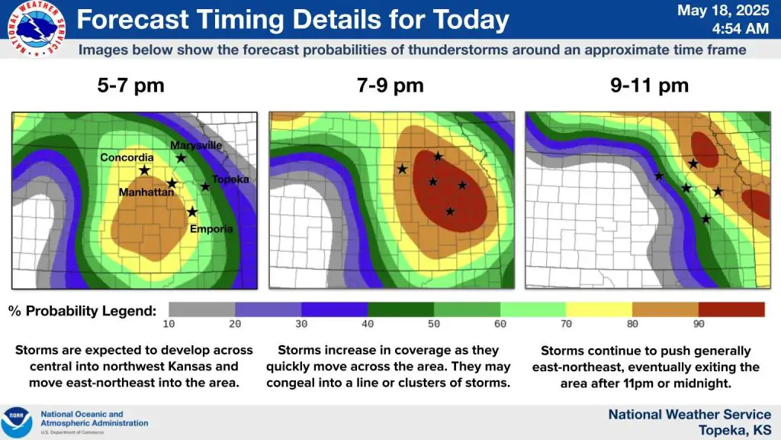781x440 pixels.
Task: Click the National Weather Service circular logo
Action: point(37,28)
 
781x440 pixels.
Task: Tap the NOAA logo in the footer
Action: point(17,422)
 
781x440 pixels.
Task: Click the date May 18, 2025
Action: point(723,11)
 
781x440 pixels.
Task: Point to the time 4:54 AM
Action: point(740,28)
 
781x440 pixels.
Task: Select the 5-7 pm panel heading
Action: point(130,86)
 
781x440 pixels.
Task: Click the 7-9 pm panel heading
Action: point(390,86)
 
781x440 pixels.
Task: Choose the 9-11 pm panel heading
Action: point(649,86)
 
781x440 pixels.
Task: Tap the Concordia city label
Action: point(127,157)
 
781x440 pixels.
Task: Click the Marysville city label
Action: point(196,145)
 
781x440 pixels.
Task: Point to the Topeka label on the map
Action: point(230,179)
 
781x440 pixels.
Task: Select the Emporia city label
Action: point(211,229)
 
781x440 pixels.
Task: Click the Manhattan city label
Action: point(146,192)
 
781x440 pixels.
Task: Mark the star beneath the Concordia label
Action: point(144,170)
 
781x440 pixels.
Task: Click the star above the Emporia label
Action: point(192,212)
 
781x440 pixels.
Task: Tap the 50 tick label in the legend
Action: point(434,324)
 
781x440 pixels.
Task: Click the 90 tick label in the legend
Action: point(699,324)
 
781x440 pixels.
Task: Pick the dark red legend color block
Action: point(731,309)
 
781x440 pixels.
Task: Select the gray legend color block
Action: point(201,309)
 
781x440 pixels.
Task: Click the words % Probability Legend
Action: point(82,311)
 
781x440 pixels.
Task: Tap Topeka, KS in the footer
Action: point(734,429)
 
